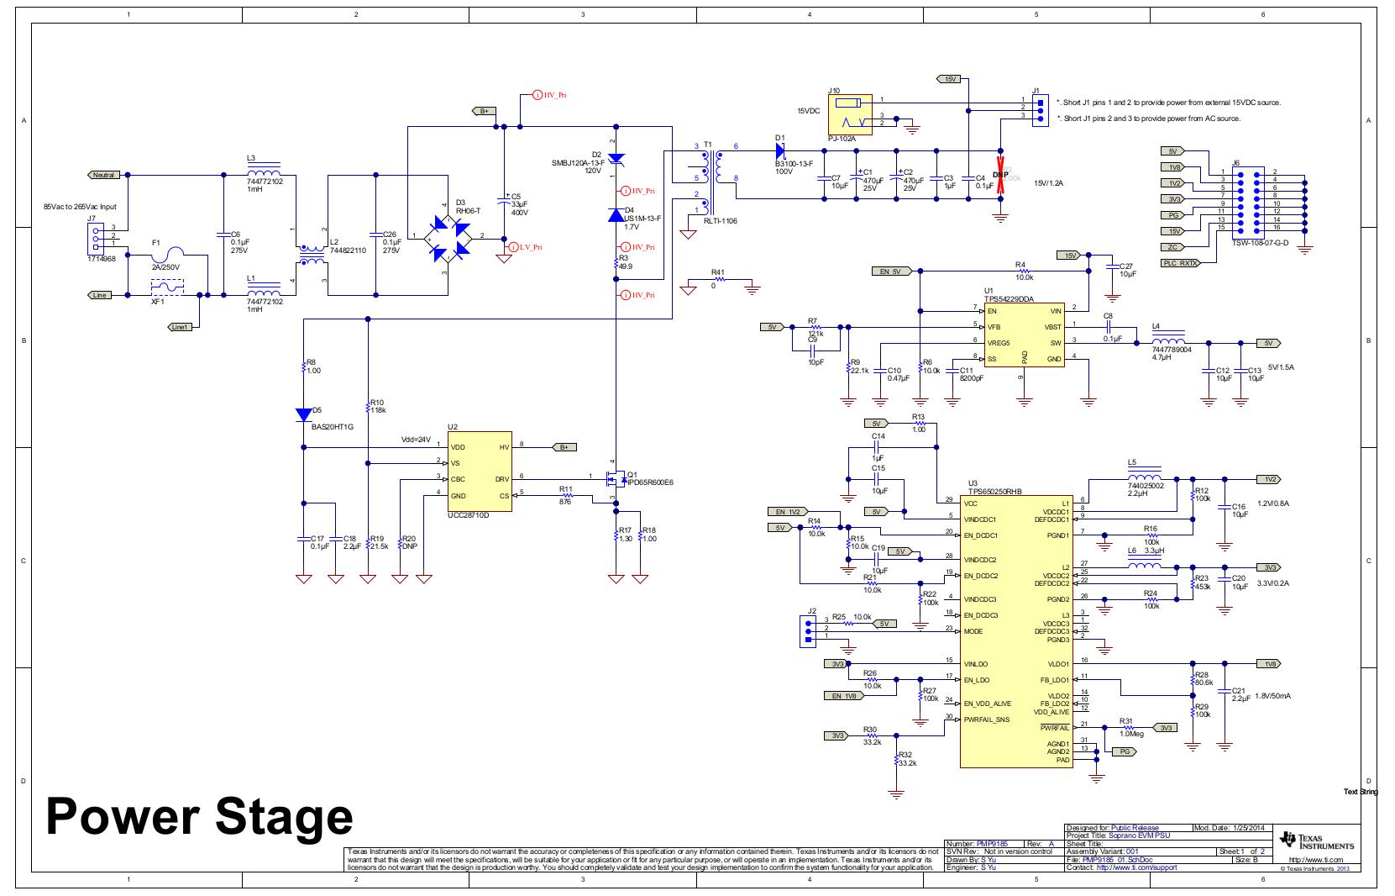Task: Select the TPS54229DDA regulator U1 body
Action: tap(1024, 335)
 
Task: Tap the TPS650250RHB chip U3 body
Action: tap(1015, 630)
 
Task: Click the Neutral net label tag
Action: tap(103, 175)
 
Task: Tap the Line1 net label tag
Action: tap(180, 326)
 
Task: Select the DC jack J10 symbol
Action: tap(850, 113)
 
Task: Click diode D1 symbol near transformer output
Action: tap(779, 151)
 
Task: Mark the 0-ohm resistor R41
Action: tap(718, 279)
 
